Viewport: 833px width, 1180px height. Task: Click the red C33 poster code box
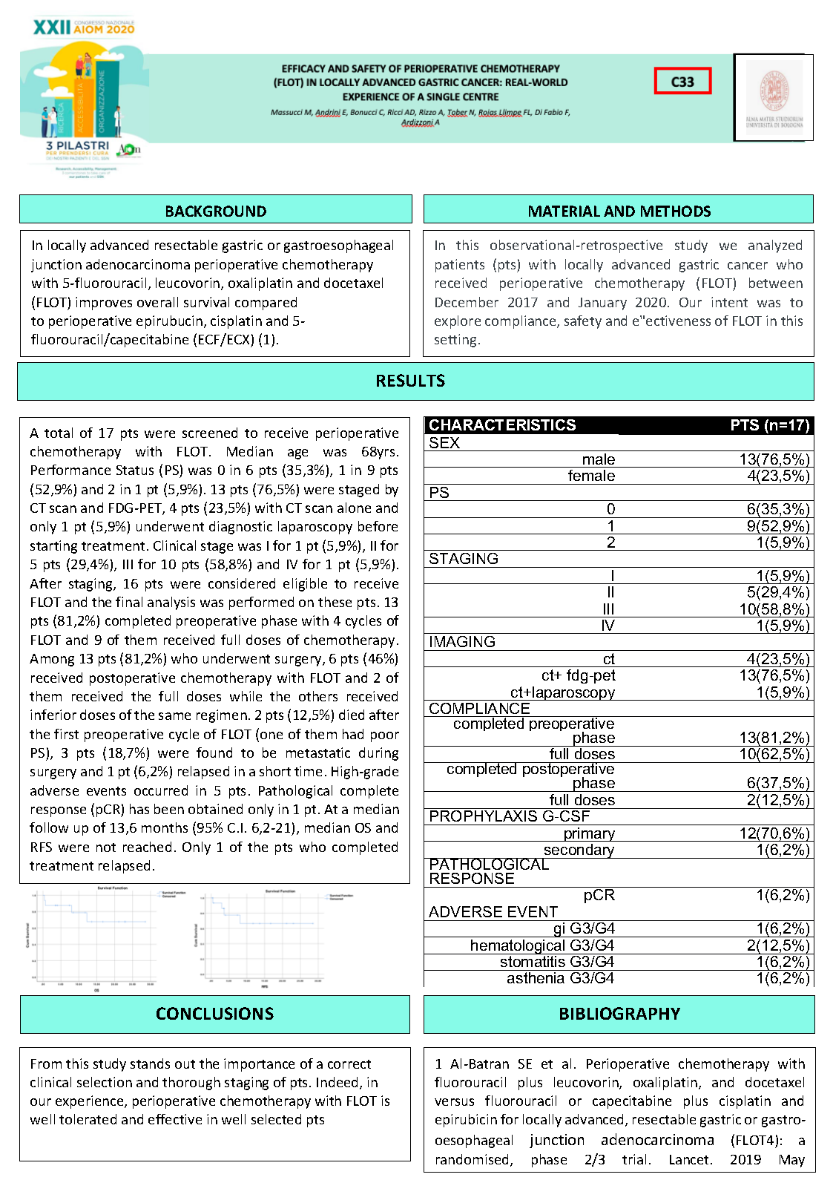point(682,81)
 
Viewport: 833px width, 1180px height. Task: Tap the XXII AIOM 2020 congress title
point(84,27)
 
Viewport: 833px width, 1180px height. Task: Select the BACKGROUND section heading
point(215,211)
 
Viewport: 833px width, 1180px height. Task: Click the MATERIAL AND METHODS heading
point(619,211)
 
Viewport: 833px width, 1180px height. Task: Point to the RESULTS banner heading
point(410,381)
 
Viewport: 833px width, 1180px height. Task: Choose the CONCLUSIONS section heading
point(214,1014)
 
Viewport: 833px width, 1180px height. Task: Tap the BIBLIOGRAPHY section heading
point(619,1014)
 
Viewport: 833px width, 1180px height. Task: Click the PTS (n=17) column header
point(769,425)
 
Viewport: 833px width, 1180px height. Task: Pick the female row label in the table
point(591,476)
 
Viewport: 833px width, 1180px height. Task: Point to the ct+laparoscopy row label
point(562,692)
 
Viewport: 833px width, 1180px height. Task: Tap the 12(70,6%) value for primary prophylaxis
point(774,833)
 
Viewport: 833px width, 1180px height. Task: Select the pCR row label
point(599,895)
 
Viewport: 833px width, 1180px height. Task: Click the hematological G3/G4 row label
point(541,945)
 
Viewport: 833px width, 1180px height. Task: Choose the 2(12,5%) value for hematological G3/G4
point(778,945)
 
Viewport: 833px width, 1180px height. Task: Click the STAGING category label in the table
point(464,559)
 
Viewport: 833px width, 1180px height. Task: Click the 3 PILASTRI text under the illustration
point(77,146)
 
